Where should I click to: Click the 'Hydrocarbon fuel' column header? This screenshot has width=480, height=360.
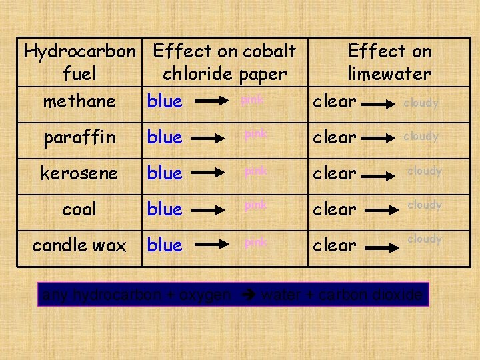click(x=79, y=62)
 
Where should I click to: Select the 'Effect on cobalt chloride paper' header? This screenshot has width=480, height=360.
click(x=224, y=62)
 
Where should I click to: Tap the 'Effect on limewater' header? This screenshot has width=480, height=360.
click(x=389, y=62)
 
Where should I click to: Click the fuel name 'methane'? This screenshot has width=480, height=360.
click(x=79, y=101)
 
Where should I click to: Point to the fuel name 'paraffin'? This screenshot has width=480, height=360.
click(x=79, y=138)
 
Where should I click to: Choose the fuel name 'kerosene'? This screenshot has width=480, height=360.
click(x=79, y=173)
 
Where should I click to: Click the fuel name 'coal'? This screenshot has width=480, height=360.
click(x=79, y=209)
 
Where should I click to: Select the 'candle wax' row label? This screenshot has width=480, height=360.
click(x=79, y=245)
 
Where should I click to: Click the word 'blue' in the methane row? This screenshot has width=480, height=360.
click(x=165, y=101)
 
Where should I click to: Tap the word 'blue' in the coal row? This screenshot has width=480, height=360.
click(x=165, y=209)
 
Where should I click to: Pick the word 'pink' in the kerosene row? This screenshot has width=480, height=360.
click(x=255, y=171)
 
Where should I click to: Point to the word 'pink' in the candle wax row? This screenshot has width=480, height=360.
click(x=255, y=243)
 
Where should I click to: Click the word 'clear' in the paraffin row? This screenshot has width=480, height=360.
click(x=335, y=137)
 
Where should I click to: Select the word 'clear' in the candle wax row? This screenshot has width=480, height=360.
click(x=335, y=245)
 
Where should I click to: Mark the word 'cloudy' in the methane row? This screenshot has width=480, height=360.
click(x=421, y=103)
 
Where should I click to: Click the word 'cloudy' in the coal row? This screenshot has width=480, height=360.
click(x=425, y=205)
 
